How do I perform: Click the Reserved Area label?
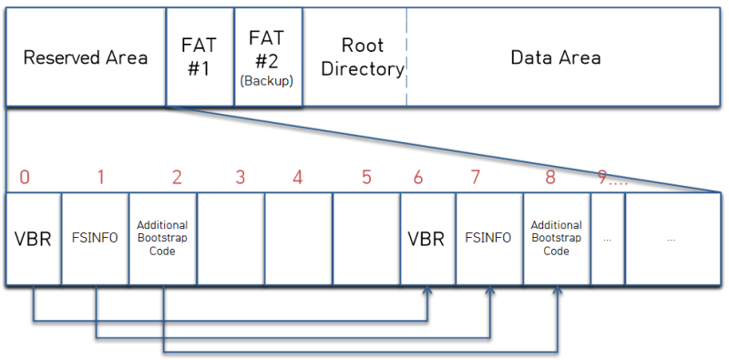86,57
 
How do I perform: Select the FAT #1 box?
200,57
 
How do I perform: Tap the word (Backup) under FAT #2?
266,80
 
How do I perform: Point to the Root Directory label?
363,57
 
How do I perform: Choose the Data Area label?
556,57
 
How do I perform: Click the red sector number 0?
25,177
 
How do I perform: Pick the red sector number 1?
100,177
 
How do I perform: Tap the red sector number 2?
177,177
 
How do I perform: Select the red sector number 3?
240,177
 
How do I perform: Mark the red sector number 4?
298,177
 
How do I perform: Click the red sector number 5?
366,177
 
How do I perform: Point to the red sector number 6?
418,177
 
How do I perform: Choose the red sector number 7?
475,177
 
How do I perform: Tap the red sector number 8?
550,177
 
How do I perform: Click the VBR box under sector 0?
34,238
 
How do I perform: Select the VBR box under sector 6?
427,238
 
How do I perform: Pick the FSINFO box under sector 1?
96,238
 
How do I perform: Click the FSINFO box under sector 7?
489,238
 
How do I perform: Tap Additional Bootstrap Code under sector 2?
163,238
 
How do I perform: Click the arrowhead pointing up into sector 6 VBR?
427,289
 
